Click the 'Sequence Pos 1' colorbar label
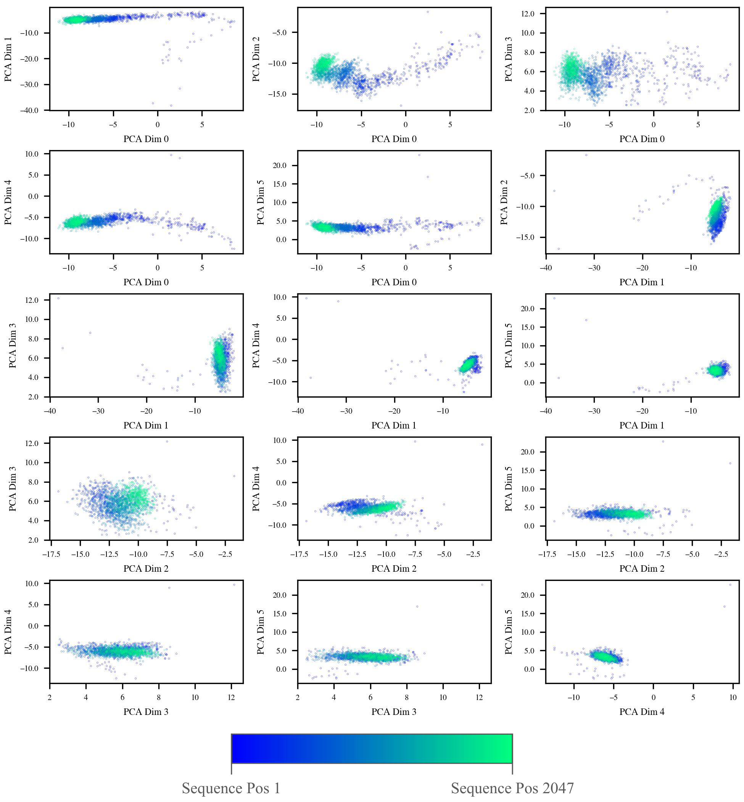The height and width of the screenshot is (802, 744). (x=231, y=788)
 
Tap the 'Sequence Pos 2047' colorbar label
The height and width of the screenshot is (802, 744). (x=512, y=788)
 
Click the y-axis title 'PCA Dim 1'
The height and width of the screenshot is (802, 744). (x=8, y=59)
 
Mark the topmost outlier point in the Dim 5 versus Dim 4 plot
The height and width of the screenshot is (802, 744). (x=730, y=585)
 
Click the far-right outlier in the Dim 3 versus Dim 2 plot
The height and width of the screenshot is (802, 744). (x=234, y=476)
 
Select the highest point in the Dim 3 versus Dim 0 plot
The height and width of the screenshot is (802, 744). (x=667, y=12)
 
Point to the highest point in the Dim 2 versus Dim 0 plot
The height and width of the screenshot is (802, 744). (x=428, y=12)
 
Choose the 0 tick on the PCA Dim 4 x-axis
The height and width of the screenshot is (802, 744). (x=654, y=698)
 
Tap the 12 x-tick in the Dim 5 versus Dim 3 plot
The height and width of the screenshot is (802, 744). (x=480, y=698)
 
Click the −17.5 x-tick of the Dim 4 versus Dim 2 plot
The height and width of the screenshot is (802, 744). (x=299, y=554)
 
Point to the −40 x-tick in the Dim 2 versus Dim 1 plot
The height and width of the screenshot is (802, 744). (x=546, y=268)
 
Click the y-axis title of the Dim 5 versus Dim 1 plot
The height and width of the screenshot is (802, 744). (x=509, y=345)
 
